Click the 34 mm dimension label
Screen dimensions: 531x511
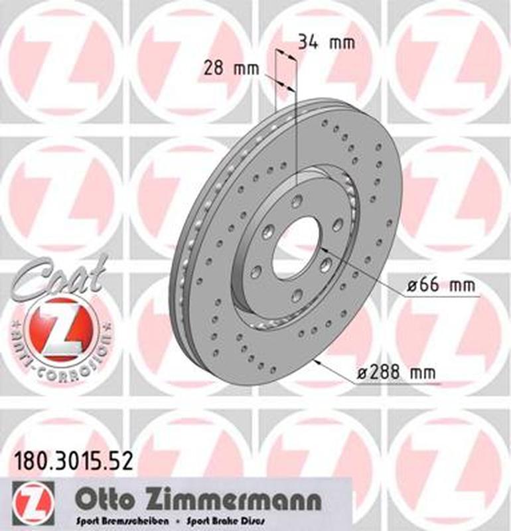326,42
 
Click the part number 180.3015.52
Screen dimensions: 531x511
73,459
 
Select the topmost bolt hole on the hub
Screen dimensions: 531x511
297,201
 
